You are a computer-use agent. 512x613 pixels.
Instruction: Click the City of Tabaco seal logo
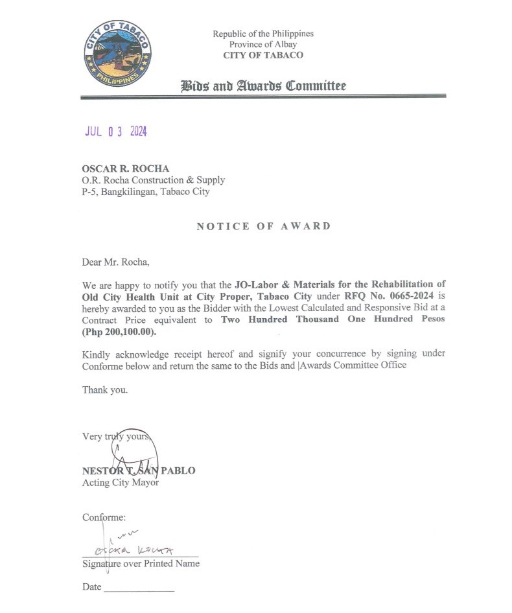click(x=117, y=53)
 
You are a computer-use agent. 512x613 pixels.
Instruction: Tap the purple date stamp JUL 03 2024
click(x=116, y=132)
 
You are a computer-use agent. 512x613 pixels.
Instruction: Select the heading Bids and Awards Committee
click(x=263, y=86)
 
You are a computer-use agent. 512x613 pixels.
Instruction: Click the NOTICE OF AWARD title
click(x=264, y=226)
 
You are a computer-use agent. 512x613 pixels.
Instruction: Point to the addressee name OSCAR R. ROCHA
click(x=125, y=169)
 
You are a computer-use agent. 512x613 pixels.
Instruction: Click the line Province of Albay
click(x=263, y=44)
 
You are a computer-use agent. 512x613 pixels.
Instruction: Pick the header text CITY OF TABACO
click(x=263, y=55)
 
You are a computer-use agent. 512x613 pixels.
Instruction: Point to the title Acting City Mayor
click(x=121, y=482)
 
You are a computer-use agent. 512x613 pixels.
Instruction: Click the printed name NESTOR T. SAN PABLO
click(x=139, y=470)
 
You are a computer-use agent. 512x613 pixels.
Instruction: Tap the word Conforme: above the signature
click(x=104, y=517)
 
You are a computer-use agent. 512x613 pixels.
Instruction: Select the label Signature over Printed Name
click(x=141, y=564)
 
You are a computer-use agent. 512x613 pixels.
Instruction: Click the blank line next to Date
click(x=139, y=590)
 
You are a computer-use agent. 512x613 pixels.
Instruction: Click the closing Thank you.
click(x=105, y=390)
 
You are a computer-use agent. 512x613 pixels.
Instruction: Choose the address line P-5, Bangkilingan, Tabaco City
click(x=146, y=192)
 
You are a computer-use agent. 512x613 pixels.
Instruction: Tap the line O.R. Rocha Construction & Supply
click(x=154, y=180)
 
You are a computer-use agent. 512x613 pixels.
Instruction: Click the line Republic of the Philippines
click(x=263, y=34)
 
